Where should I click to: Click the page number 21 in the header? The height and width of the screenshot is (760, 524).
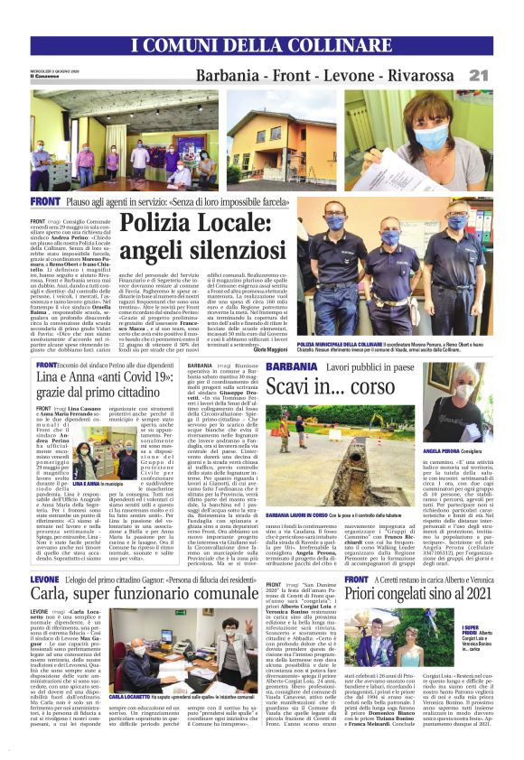tap(504, 74)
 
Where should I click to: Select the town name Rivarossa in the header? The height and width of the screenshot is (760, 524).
tap(447, 75)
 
